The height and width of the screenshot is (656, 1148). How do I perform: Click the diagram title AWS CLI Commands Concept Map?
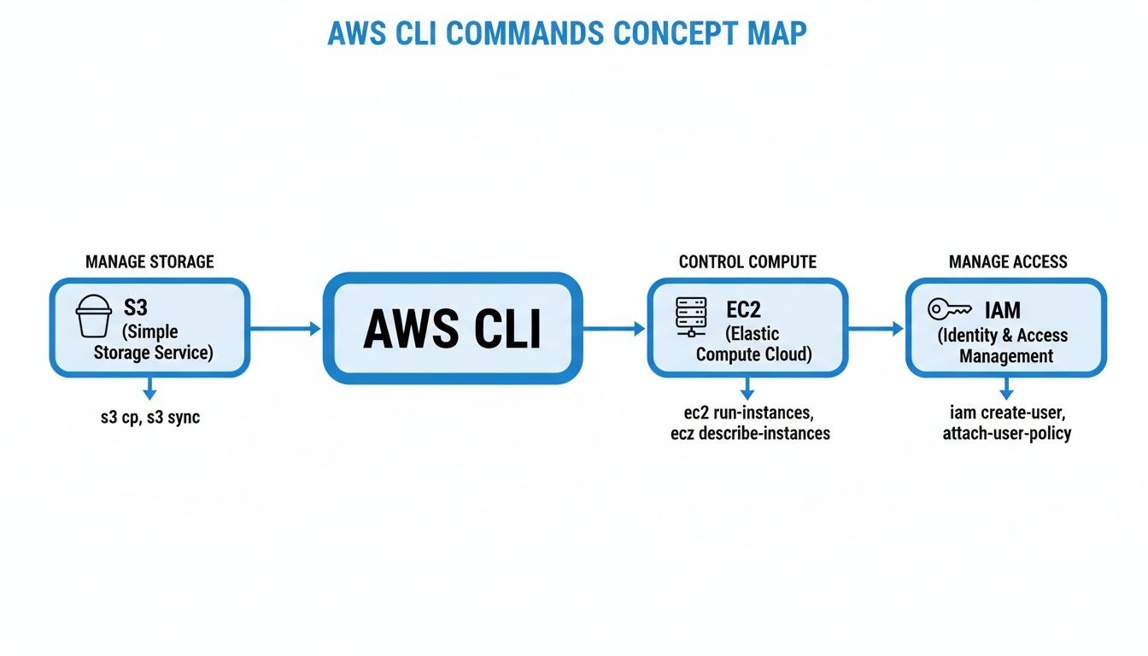(x=567, y=32)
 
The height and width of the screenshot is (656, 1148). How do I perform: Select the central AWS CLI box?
(x=452, y=328)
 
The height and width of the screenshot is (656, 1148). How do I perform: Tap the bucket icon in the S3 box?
(x=94, y=316)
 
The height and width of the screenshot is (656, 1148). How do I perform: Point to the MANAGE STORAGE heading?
(x=149, y=261)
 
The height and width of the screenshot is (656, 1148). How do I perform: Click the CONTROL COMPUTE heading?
(x=747, y=261)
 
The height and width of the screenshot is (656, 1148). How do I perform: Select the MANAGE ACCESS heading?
(x=1008, y=261)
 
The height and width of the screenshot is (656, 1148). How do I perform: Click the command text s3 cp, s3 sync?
(x=149, y=418)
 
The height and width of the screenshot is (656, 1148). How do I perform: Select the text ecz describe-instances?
(x=750, y=433)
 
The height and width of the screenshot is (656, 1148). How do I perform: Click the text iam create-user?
(x=1007, y=413)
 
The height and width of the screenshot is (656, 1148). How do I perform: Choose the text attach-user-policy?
(x=1006, y=433)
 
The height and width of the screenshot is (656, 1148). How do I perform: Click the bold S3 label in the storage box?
(x=136, y=307)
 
